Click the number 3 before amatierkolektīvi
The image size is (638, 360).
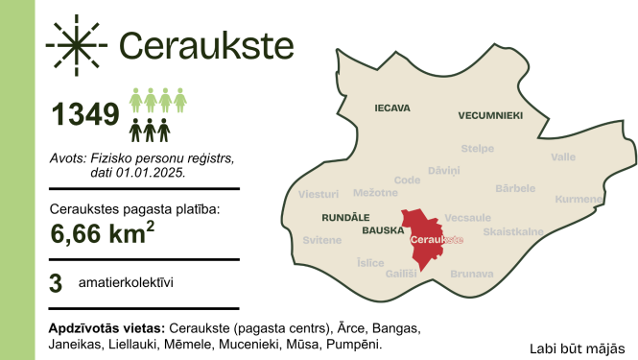point(56,284)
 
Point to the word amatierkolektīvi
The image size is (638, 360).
point(127,284)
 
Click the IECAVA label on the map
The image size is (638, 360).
point(391,108)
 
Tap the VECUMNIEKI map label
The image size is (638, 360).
point(490,115)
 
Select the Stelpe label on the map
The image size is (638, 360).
point(477,149)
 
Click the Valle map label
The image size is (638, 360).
point(563,156)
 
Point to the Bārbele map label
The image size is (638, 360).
point(515,188)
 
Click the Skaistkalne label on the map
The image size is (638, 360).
point(514,231)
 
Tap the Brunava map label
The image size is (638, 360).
point(471,274)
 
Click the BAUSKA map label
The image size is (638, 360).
point(382,231)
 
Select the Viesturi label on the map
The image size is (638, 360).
point(319,194)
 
